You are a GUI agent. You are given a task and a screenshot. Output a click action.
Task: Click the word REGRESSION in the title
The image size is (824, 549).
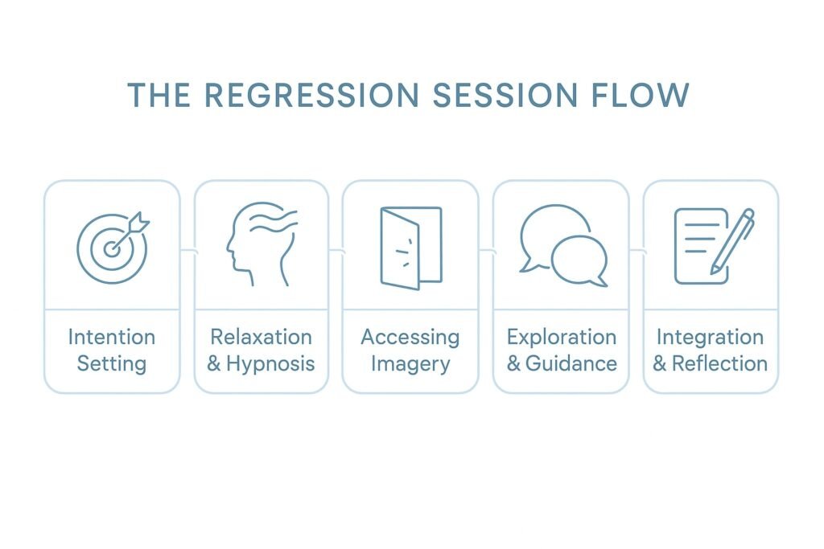(311, 95)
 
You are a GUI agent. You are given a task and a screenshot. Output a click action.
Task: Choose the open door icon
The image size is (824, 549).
(410, 247)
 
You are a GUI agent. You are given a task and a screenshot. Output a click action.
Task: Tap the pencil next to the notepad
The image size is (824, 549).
(733, 241)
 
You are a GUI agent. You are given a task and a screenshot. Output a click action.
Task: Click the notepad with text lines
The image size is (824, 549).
(697, 246)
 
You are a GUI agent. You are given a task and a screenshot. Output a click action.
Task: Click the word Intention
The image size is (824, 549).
(111, 337)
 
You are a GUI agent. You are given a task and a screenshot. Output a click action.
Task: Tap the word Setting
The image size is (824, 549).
(111, 363)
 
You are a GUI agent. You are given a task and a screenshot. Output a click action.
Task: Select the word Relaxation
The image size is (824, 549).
(261, 337)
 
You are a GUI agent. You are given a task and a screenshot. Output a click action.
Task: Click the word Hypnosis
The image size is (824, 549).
(270, 363)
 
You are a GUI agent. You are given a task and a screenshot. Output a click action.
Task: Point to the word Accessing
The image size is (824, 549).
(410, 337)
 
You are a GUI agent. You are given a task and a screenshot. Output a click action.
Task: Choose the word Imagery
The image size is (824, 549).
(410, 364)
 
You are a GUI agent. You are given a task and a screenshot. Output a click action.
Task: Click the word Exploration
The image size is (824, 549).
(561, 337)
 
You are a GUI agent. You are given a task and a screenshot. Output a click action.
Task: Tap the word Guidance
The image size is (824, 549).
(571, 363)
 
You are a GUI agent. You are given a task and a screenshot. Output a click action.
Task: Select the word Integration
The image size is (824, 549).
(710, 337)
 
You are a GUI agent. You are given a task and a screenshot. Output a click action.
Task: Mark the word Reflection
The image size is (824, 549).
(719, 363)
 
